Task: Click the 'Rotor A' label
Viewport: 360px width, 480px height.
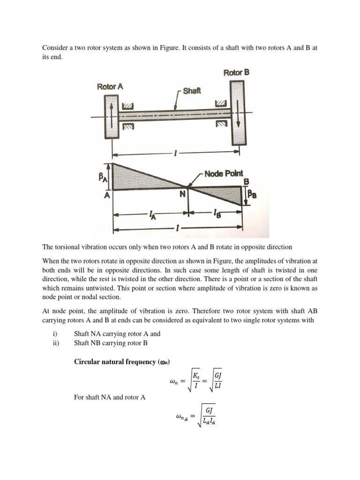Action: tap(110, 87)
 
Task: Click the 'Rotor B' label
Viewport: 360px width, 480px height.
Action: tap(236, 73)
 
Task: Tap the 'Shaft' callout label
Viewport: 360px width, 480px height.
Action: tap(192, 90)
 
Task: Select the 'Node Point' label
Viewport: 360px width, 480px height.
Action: tap(223, 173)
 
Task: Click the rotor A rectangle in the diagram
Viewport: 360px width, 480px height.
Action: tap(112, 117)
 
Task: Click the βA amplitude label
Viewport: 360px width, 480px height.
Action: tap(102, 177)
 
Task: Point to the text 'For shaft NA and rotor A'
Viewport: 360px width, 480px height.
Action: tap(110, 397)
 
